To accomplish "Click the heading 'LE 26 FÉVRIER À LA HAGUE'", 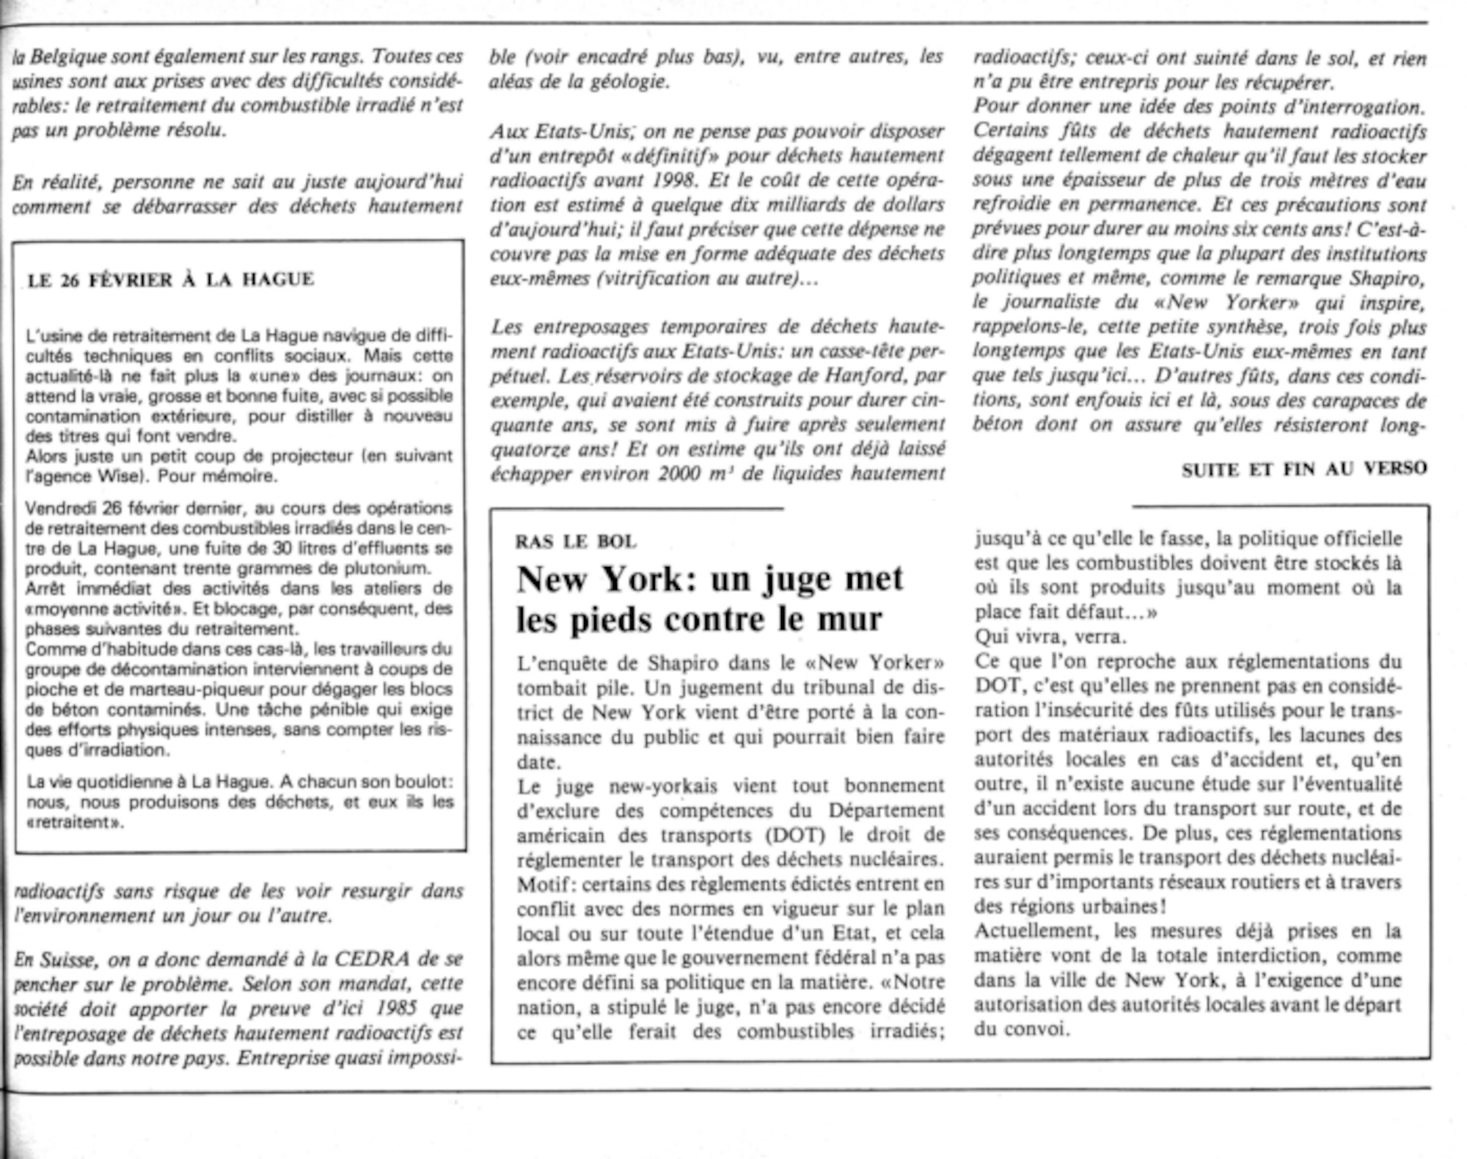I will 170,279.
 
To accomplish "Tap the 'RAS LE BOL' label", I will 576,542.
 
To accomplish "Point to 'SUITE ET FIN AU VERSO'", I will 1304,469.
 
